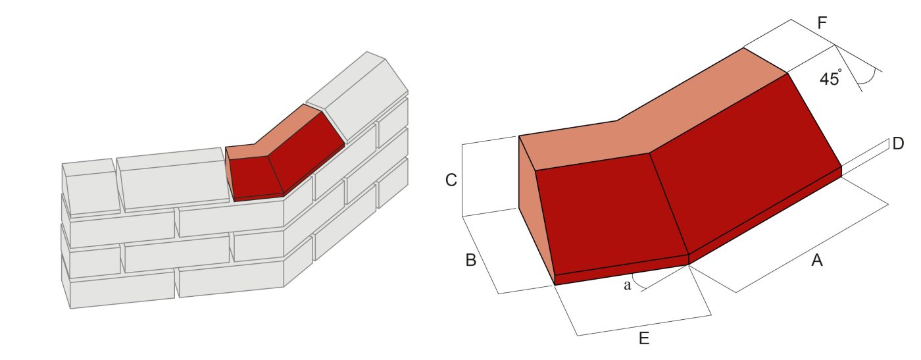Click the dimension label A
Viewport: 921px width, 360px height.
pyautogui.click(x=816, y=261)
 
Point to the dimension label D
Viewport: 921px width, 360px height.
pyautogui.click(x=898, y=144)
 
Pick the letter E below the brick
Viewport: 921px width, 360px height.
pyautogui.click(x=644, y=339)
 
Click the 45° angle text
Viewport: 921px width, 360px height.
pyautogui.click(x=830, y=78)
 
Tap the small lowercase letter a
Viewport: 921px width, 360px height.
pyautogui.click(x=627, y=285)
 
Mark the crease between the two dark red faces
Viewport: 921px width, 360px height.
pyautogui.click(x=669, y=204)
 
